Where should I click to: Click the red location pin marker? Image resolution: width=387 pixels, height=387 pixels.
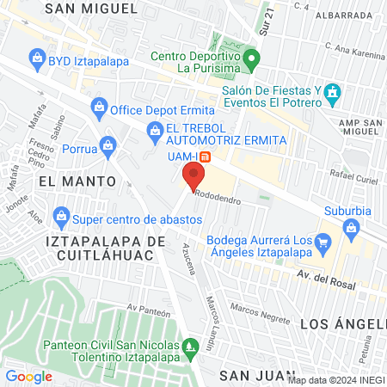pos(193,176)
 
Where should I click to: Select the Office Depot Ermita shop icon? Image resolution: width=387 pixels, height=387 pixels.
pos(99,107)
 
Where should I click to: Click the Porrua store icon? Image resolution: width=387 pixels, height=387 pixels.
pos(107,144)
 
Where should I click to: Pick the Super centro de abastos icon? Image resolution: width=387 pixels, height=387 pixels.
pos(60,214)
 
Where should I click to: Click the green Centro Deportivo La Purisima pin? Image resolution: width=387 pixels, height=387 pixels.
pos(251,61)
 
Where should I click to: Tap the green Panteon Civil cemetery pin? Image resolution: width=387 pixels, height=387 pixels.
pos(193,347)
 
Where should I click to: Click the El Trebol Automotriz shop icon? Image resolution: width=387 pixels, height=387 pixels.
pos(156,131)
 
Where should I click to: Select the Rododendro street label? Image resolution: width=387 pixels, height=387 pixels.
pos(218,195)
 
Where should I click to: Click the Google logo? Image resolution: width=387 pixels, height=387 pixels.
pos(28,377)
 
